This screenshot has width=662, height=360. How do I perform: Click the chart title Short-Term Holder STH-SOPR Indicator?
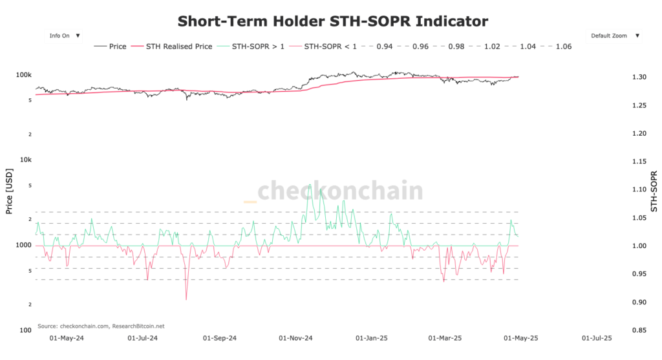click(332, 21)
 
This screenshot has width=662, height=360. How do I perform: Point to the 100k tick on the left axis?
click(24, 75)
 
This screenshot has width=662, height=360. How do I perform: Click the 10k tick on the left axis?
click(26, 160)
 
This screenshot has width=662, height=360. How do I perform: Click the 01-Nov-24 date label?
click(295, 338)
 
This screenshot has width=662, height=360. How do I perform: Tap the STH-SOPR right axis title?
click(654, 192)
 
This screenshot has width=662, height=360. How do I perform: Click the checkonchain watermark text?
click(340, 192)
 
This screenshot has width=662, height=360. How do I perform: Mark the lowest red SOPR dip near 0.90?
click(186, 299)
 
